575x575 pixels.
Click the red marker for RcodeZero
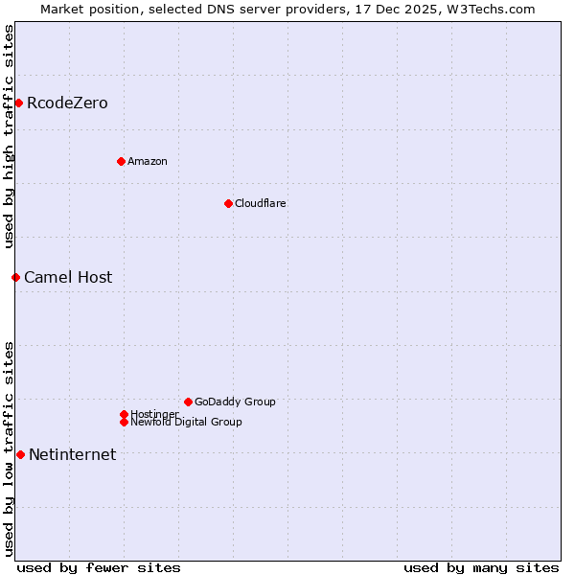[18, 103]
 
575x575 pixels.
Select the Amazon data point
[121, 161]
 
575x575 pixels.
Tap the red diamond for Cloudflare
[228, 203]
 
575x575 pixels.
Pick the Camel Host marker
[15, 277]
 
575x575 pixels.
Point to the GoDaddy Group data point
[188, 402]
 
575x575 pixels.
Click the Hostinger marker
[124, 414]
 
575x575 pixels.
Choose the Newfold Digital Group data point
[124, 422]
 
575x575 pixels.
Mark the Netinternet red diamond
[20, 454]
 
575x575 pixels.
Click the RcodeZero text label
[67, 103]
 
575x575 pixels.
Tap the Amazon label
[148, 161]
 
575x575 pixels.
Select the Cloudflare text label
[261, 203]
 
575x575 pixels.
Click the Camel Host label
[68, 277]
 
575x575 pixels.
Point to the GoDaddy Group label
[235, 402]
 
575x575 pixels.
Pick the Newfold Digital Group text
[187, 423]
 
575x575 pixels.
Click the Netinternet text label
[72, 454]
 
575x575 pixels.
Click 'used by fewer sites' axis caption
[99, 567]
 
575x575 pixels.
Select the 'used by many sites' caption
[481, 567]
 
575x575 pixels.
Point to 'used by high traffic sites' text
[9, 136]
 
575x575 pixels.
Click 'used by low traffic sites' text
[9, 448]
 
